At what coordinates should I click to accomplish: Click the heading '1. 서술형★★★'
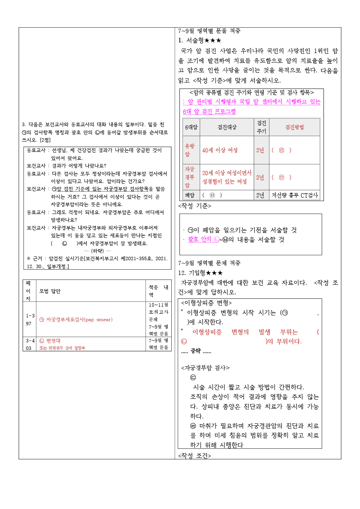point(200,41)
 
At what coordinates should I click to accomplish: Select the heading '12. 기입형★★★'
point(200,273)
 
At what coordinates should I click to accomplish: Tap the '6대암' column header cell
point(191,127)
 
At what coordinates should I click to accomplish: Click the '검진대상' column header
point(227,127)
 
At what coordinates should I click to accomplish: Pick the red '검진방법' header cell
point(294,127)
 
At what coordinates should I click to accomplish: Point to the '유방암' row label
point(189,150)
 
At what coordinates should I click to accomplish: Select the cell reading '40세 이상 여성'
point(220,150)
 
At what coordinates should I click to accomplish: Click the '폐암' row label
point(189,195)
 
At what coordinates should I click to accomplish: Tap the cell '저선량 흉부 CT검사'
point(295,195)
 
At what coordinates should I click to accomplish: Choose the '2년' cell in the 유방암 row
point(260,150)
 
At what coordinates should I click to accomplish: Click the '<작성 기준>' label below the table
point(194,206)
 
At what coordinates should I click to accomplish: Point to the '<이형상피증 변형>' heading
point(207,303)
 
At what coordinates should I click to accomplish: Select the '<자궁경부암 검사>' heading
point(205,368)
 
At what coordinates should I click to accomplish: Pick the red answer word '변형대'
point(53,341)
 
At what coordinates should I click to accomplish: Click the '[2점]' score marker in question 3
point(45,140)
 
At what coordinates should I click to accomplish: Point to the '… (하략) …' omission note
point(97,251)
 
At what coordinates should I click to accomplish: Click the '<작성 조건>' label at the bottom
point(194,456)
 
